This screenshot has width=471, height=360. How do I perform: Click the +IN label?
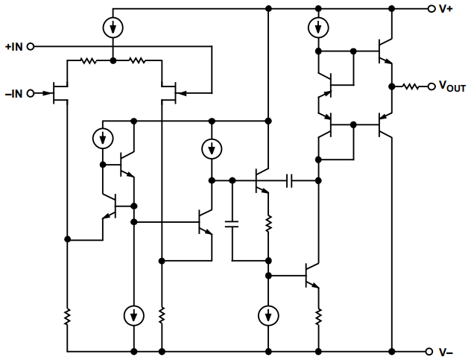pos(13,46)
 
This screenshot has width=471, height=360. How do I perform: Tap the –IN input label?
pos(13,93)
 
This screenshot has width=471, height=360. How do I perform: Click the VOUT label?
pos(449,87)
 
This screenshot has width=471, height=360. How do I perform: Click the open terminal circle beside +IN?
pos(31,46)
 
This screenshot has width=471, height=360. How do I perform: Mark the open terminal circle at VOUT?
pos(431,86)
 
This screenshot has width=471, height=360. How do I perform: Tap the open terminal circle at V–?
pos(431,351)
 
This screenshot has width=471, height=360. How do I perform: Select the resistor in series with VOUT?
pos(411,86)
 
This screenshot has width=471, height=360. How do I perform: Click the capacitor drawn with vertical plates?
pos(290,180)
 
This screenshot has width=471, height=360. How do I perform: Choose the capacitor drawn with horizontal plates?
pos(233,222)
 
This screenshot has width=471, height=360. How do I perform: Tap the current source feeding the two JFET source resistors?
pos(112,28)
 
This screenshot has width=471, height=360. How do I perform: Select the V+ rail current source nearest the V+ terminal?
pos(318,28)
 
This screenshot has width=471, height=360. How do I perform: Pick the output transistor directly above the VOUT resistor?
pos(384,51)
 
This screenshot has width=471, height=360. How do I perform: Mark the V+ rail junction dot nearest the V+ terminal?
pos(391,9)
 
